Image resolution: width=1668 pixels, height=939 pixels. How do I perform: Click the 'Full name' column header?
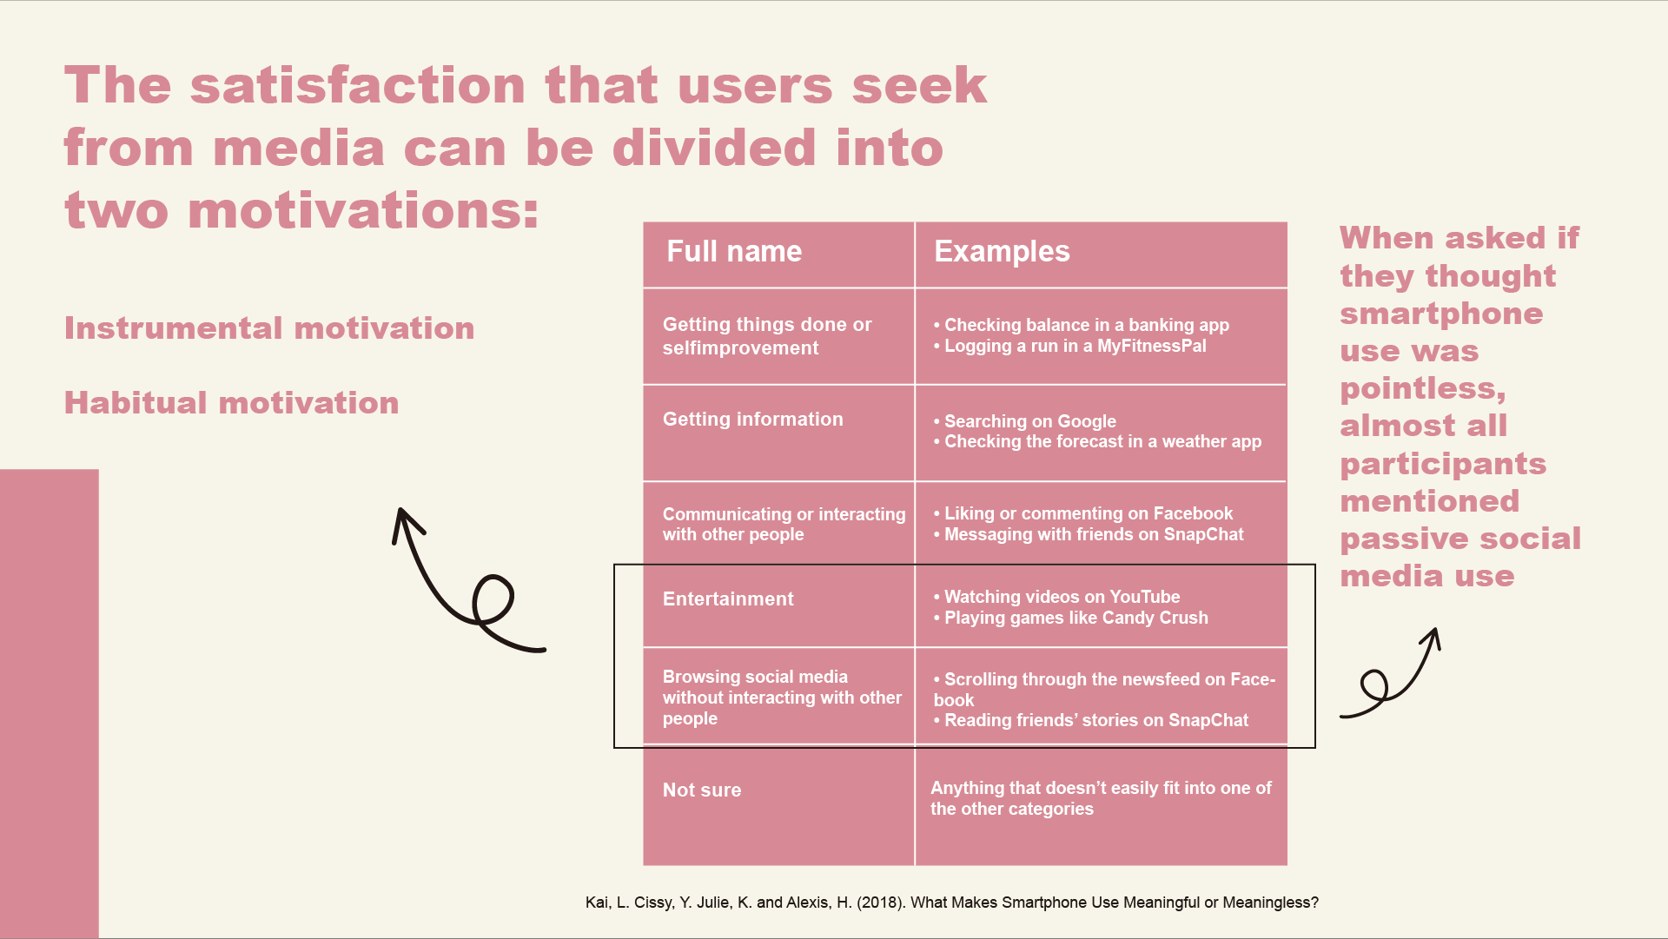pos(734,252)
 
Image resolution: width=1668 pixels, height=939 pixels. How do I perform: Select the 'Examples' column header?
pos(1002,252)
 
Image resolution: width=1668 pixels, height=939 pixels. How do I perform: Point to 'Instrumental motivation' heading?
pos(269,328)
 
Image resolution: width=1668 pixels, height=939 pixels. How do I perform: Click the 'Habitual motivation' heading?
pos(232,403)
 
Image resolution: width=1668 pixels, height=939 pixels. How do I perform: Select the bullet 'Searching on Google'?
pos(1025,421)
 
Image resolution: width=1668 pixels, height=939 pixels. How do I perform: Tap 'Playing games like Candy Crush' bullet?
pos(1070,618)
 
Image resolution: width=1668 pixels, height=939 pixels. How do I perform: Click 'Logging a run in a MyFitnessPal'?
pos(1069,346)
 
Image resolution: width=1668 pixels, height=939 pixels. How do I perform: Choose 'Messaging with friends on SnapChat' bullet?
pos(1089,534)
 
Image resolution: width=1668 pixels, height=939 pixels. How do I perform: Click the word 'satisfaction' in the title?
pos(357,85)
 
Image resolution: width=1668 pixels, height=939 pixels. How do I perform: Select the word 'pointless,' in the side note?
pos(1423,388)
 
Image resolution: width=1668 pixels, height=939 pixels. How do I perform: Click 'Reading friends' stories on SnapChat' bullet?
pos(1091,720)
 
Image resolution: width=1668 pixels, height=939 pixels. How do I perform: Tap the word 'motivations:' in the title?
pos(363,211)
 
